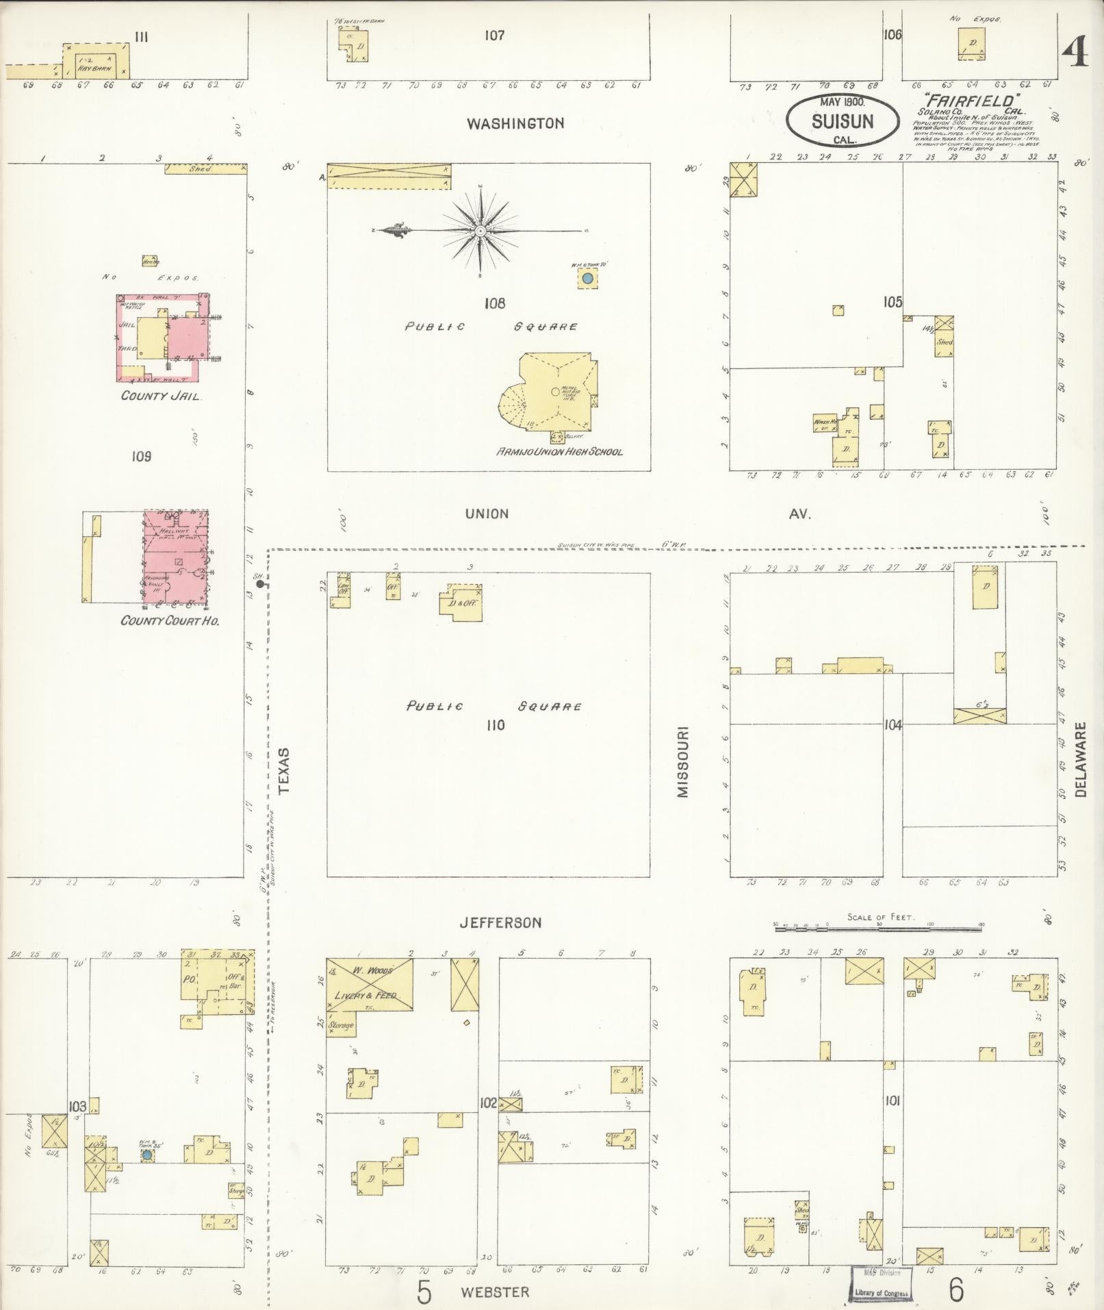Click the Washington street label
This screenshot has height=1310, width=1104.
click(x=515, y=124)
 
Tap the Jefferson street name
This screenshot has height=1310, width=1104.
click(x=500, y=923)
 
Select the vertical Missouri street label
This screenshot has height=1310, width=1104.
click(x=683, y=762)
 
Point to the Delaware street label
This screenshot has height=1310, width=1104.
click(x=1081, y=759)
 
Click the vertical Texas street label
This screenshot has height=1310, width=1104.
click(x=285, y=770)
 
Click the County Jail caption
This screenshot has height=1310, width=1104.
click(x=160, y=396)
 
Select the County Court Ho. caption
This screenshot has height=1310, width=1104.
click(x=169, y=621)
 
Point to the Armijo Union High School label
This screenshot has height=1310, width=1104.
click(x=560, y=452)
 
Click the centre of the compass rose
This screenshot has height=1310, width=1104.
click(x=481, y=231)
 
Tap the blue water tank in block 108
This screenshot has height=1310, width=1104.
click(x=587, y=279)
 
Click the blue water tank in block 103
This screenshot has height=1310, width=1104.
click(x=146, y=1155)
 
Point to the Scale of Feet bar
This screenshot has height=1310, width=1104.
click(x=879, y=929)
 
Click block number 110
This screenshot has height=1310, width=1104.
click(x=495, y=725)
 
